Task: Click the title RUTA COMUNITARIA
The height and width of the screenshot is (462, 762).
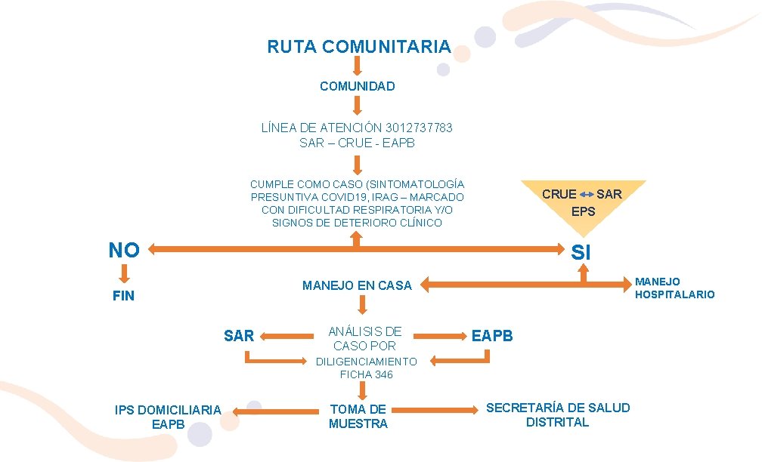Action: [358, 47]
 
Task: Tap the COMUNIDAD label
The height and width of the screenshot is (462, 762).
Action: [357, 86]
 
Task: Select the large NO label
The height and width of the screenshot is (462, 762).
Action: [124, 250]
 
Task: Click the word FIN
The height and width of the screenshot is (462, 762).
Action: [123, 296]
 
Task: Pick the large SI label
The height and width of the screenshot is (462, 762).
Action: [581, 253]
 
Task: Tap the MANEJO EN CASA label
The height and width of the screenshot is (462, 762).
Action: [357, 285]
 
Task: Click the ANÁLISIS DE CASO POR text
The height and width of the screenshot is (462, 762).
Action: [365, 338]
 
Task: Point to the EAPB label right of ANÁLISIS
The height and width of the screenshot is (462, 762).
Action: [492, 336]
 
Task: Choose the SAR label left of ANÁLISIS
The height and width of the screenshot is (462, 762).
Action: [239, 336]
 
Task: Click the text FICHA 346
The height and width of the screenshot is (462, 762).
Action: [366, 374]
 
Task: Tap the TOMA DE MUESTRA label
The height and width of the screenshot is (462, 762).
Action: [358, 416]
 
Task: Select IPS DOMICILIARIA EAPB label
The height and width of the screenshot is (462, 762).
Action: [168, 417]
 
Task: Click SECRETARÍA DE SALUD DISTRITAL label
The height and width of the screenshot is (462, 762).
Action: [558, 414]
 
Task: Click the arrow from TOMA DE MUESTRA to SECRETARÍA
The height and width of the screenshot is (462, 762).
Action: [435, 409]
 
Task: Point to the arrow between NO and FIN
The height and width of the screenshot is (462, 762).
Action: [124, 273]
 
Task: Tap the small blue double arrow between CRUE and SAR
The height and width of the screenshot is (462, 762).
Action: [587, 195]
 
